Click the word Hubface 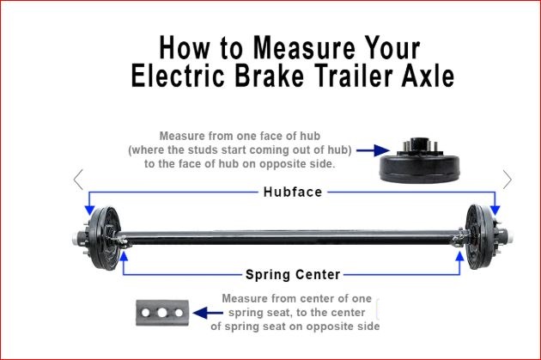(x=293, y=192)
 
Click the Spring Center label (x=293, y=275)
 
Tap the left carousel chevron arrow (x=79, y=180)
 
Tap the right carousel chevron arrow (x=508, y=180)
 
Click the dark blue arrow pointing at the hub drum (x=373, y=150)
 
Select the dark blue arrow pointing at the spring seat (x=208, y=313)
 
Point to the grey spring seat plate (x=162, y=313)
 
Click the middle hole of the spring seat (x=162, y=313)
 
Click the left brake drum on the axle (x=104, y=238)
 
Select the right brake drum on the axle (x=481, y=237)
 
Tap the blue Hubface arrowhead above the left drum (x=89, y=210)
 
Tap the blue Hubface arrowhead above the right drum (x=495, y=210)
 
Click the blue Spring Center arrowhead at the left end (x=123, y=256)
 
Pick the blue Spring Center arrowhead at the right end (x=459, y=256)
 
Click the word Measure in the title (x=304, y=47)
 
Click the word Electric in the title (x=178, y=76)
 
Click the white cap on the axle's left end (x=74, y=239)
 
